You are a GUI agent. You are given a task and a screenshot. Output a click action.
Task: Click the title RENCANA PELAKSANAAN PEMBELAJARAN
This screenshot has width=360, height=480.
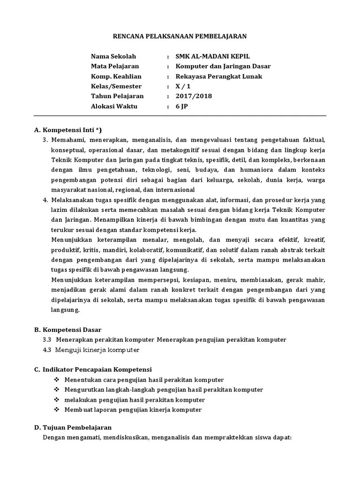tap(180, 36)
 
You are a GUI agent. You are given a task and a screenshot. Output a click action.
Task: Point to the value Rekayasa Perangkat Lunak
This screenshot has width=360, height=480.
tap(219, 76)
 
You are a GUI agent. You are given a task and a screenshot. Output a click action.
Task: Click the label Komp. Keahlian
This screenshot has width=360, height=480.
tap(116, 76)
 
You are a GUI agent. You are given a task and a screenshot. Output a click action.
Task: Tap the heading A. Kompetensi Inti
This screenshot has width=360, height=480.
tap(68, 130)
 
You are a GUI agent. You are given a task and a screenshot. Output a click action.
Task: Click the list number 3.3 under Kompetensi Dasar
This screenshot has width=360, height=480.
tap(46, 339)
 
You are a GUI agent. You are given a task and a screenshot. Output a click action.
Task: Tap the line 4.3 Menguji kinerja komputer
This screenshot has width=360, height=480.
tap(91, 350)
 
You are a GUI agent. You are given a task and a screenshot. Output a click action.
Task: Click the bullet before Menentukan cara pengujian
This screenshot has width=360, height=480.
tap(57, 380)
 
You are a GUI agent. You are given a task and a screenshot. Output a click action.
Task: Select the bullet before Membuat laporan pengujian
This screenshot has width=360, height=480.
tap(57, 410)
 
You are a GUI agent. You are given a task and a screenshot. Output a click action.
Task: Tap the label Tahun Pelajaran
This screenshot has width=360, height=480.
tap(117, 96)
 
